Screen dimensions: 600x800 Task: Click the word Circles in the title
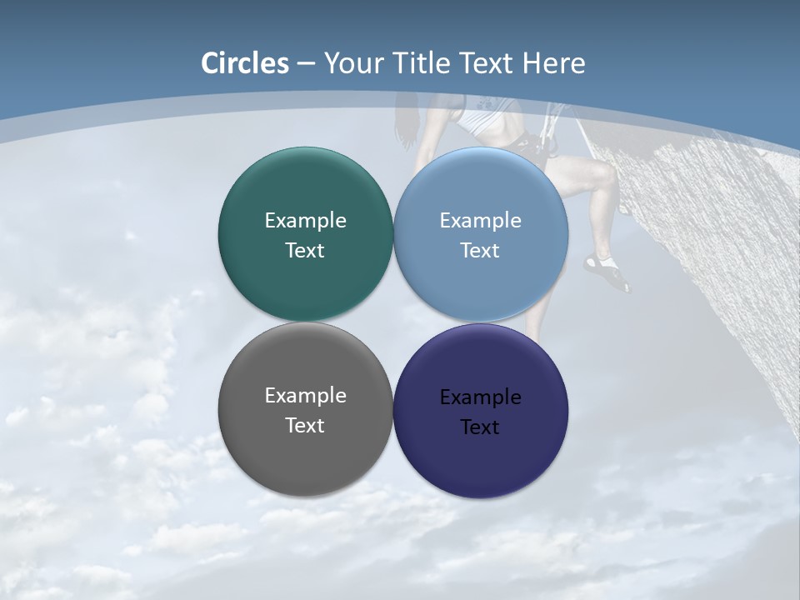(x=245, y=63)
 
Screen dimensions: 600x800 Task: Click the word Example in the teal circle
(x=305, y=221)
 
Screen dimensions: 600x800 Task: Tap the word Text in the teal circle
(x=305, y=251)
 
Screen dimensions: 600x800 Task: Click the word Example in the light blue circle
(x=480, y=221)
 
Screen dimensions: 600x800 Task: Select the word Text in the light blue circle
(x=480, y=251)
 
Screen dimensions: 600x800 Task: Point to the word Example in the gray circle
(x=305, y=396)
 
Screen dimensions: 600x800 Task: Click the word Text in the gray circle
(x=305, y=426)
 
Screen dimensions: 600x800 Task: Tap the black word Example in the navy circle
(x=480, y=397)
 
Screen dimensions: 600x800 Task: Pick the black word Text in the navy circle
(x=480, y=427)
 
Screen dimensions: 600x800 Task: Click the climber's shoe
(x=607, y=272)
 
